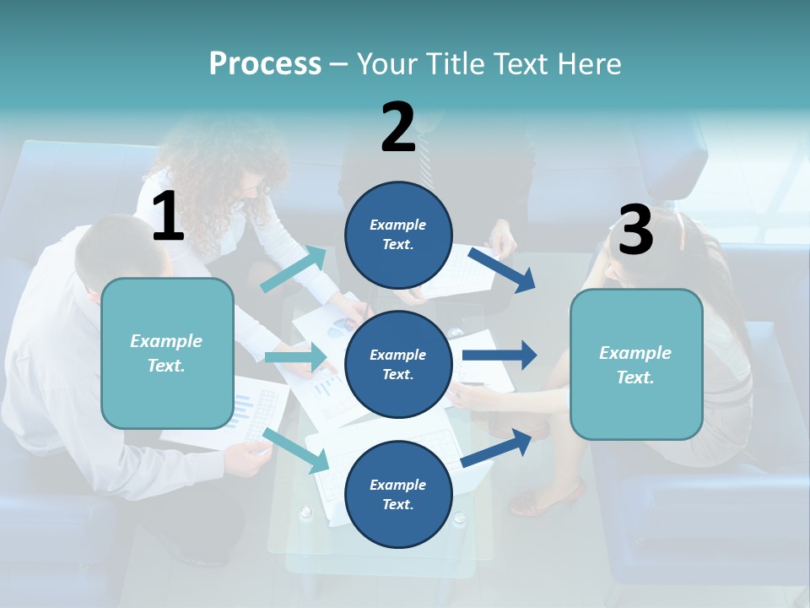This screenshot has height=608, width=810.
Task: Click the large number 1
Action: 168,217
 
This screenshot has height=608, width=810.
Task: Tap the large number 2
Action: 398,128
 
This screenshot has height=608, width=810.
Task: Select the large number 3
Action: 635,231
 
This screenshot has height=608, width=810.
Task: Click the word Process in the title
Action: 265,63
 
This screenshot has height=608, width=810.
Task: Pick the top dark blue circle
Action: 398,235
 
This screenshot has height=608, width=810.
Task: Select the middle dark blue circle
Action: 398,364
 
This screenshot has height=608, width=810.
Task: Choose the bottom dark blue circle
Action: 398,494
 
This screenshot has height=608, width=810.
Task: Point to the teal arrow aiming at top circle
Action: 294,269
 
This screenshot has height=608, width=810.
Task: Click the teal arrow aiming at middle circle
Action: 296,357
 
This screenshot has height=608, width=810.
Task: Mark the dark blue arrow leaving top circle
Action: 502,269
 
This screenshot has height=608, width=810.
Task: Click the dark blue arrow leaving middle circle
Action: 499,355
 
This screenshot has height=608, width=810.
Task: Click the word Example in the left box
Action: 166,341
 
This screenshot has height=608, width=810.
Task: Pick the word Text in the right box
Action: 634,377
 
